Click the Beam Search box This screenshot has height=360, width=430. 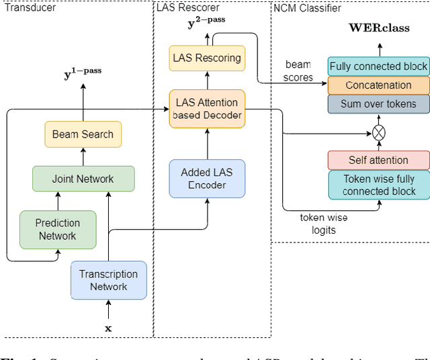coord(83,134)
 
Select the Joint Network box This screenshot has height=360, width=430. coord(83,179)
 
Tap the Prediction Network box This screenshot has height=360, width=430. coord(57,229)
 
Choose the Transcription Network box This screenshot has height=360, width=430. coord(108,280)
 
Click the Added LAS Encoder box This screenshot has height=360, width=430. coord(206,179)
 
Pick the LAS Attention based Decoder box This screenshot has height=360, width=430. coord(206,109)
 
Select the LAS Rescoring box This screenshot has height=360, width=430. coord(207,58)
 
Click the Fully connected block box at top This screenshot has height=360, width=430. coord(379,66)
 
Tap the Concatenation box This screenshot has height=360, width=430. coord(379,85)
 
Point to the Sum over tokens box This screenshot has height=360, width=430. coord(379,103)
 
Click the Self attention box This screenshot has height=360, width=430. coord(379,160)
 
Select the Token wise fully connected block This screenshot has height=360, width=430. coord(379,185)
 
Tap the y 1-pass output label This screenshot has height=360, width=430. coord(83,73)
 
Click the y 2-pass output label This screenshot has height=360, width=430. coord(206,22)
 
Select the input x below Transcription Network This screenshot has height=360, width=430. coord(108,328)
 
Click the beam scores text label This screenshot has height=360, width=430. coord(298,71)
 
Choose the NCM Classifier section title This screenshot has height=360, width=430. coord(307,8)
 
